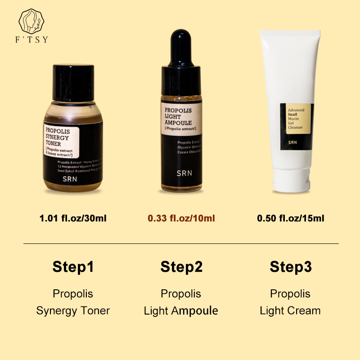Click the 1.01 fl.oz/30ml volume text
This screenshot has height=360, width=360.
point(73,219)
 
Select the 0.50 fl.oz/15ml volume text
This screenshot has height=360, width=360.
point(291,219)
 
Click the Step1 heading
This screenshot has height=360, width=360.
point(73,267)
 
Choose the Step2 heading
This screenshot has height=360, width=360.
point(181,267)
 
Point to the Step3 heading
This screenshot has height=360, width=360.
point(291,267)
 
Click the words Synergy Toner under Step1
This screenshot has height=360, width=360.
point(73,310)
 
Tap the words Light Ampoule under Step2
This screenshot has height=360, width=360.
point(181,310)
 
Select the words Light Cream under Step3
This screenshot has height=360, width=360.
point(290,310)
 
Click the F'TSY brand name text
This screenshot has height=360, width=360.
point(32,40)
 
